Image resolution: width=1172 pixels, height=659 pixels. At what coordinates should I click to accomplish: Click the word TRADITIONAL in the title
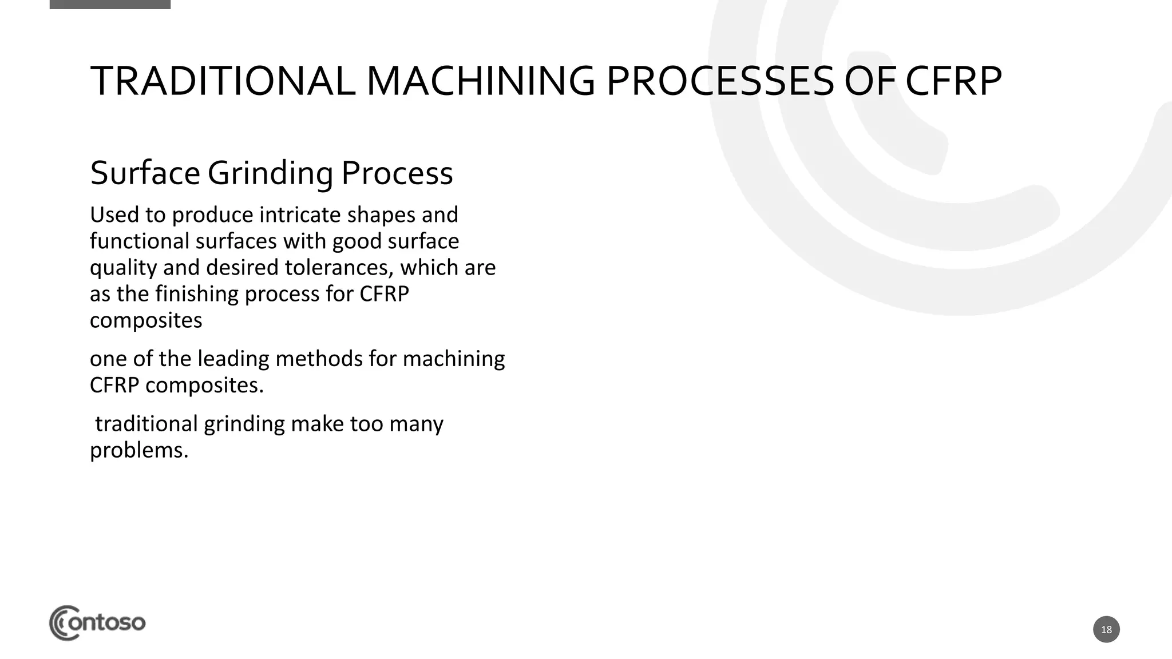pyautogui.click(x=222, y=81)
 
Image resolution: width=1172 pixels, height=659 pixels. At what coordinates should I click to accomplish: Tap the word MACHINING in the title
pyautogui.click(x=480, y=81)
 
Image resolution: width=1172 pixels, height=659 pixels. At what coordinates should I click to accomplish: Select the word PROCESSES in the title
pyautogui.click(x=719, y=81)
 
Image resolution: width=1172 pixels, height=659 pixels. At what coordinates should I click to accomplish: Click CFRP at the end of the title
pyautogui.click(x=953, y=81)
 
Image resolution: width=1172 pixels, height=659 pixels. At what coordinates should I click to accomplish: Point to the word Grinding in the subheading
pyautogui.click(x=270, y=173)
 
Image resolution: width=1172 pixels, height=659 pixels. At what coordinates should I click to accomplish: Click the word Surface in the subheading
pyautogui.click(x=145, y=173)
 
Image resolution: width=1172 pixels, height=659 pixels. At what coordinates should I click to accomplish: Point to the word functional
pyautogui.click(x=139, y=241)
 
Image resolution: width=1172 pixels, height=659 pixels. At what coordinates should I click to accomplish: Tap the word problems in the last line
pyautogui.click(x=138, y=451)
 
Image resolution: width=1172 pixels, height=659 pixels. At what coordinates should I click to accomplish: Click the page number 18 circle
pyautogui.click(x=1106, y=630)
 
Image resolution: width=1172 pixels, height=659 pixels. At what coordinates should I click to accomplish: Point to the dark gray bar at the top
pyautogui.click(x=110, y=4)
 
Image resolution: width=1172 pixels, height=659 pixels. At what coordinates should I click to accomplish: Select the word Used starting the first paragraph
pyautogui.click(x=114, y=215)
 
